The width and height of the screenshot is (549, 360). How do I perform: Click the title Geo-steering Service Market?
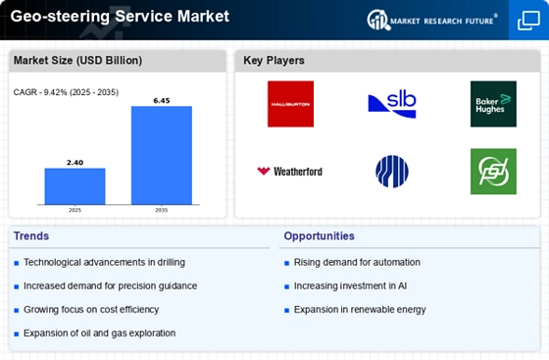pyautogui.click(x=119, y=17)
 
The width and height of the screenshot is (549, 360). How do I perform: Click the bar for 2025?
pyautogui.click(x=75, y=186)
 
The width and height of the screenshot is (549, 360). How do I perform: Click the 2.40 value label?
pyautogui.click(x=75, y=162)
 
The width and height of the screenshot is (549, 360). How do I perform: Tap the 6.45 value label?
pyautogui.click(x=162, y=100)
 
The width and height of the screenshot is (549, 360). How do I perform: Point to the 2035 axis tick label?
pyautogui.click(x=162, y=210)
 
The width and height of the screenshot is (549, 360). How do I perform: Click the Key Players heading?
pyautogui.click(x=274, y=61)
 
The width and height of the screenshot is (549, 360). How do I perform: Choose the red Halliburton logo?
pyautogui.click(x=290, y=104)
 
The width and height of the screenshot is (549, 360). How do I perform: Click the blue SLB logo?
pyautogui.click(x=391, y=104)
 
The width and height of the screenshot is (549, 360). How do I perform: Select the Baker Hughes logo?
pyautogui.click(x=493, y=104)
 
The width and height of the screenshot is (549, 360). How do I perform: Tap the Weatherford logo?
pyautogui.click(x=290, y=172)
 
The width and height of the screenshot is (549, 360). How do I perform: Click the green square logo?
pyautogui.click(x=493, y=172)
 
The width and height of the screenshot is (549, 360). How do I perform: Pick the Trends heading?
pyautogui.click(x=31, y=236)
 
